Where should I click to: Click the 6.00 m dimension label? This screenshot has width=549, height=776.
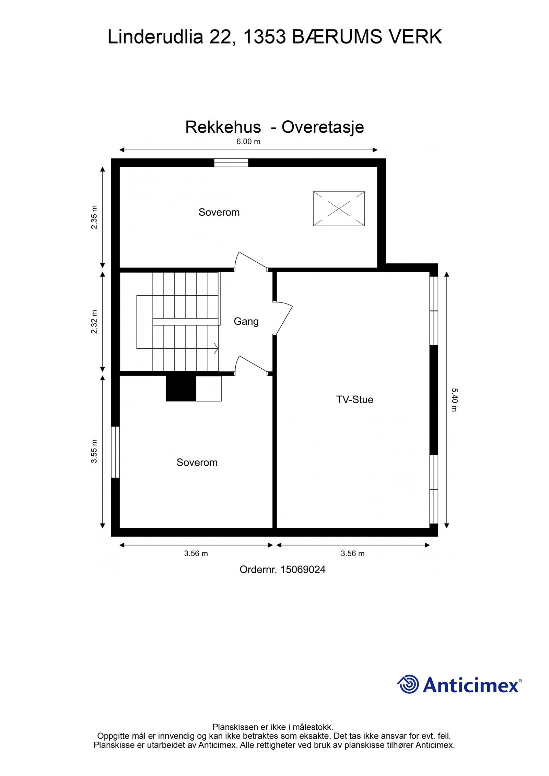[x=248, y=142]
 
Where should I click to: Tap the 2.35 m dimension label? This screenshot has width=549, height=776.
[x=94, y=217]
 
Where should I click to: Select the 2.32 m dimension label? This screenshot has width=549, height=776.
[x=94, y=321]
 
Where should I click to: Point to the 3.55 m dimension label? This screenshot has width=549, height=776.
[x=94, y=451]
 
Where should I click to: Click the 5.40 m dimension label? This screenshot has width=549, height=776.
[x=454, y=399]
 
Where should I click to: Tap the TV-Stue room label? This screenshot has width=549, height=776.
[x=354, y=399]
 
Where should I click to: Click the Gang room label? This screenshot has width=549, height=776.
[x=246, y=321]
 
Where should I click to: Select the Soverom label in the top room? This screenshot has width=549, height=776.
[x=219, y=212]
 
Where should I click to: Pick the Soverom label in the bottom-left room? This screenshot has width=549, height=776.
[x=197, y=463]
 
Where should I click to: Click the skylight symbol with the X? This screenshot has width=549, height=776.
[x=339, y=208]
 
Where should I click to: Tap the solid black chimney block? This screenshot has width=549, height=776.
[x=181, y=388]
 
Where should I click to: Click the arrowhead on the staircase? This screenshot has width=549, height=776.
[x=216, y=348]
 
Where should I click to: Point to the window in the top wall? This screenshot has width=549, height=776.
[x=231, y=163]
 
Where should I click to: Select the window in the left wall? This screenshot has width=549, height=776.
[x=116, y=452]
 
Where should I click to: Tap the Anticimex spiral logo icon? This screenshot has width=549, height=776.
[x=408, y=684]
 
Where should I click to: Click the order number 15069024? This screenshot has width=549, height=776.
[x=303, y=570]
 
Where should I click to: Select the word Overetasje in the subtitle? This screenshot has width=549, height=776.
[x=323, y=127]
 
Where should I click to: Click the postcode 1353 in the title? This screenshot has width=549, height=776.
[x=264, y=37]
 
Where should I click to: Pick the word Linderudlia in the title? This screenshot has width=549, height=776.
[x=155, y=37]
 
